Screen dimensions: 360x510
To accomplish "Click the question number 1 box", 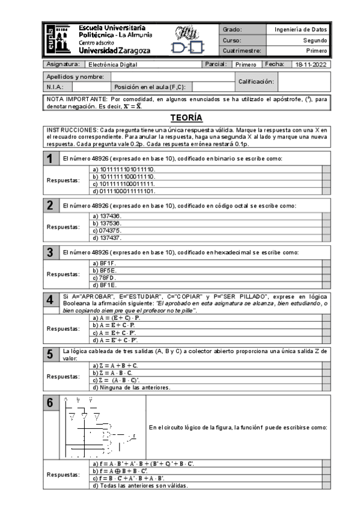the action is [x=52, y=158].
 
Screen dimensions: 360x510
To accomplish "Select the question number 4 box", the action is [x=52, y=301].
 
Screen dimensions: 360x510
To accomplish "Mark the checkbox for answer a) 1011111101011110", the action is [x=326, y=169].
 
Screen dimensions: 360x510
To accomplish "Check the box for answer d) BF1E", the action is [x=326, y=284].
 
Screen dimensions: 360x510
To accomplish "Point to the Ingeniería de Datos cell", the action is [x=301, y=29].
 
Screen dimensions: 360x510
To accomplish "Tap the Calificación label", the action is [x=256, y=81].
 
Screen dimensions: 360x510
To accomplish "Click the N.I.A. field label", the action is [x=56, y=86].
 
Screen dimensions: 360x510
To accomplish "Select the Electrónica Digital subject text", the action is [x=112, y=64].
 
